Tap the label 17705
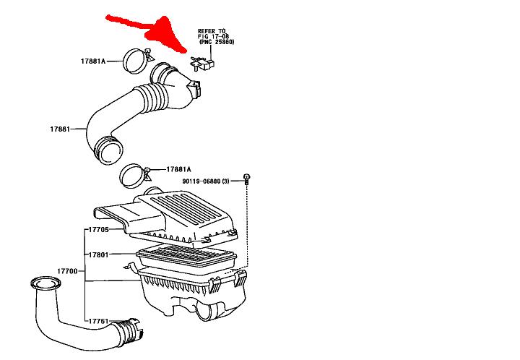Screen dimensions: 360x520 point(99,229)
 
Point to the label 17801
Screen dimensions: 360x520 point(99,255)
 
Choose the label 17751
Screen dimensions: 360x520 point(99,321)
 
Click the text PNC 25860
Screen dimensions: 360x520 point(217,43)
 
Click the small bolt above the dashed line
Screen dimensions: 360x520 point(248,179)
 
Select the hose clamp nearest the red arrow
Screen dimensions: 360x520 point(135,61)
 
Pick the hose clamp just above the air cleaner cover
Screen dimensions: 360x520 point(134,173)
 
